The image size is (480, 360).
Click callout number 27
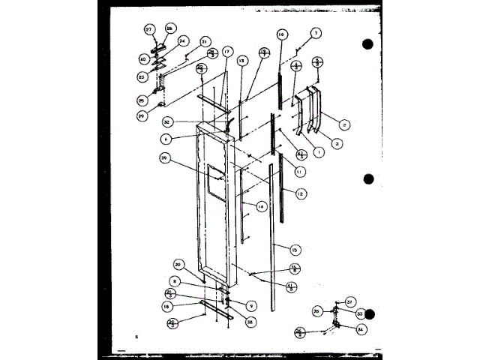click(148, 29)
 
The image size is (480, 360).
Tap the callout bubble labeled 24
click(182, 41)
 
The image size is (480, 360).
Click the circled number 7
click(316, 32)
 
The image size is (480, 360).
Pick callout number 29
click(141, 116)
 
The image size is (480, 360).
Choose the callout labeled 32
click(168, 121)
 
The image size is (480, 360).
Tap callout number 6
click(166, 139)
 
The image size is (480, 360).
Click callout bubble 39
click(163, 157)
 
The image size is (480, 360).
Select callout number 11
click(300, 171)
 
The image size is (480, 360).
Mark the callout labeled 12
click(300, 193)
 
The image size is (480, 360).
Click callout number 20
click(178, 264)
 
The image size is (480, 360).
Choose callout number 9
click(230, 305)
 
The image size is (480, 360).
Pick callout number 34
click(361, 328)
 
